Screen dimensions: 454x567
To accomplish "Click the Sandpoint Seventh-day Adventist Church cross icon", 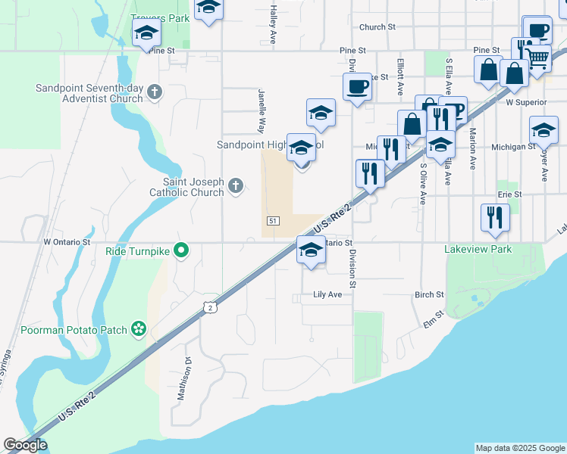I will coord(155,92).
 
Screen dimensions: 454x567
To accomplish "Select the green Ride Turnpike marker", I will coord(181,250).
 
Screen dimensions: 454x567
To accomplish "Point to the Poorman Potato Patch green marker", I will coord(139,328).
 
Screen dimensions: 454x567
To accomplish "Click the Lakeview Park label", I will coord(478,249).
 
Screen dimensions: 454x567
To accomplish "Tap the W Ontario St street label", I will coord(67,243).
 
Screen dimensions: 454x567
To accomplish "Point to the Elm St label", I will coord(433,319).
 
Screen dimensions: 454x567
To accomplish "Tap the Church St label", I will coord(377,26).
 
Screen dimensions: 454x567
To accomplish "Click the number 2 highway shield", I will coord(209,306).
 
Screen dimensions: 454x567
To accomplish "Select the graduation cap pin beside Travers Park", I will coord(146,33).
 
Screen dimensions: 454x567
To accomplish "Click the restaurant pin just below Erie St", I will coord(495,217).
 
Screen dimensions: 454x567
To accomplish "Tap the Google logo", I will coord(25,445).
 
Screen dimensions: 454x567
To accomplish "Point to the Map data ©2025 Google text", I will coord(519,448).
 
